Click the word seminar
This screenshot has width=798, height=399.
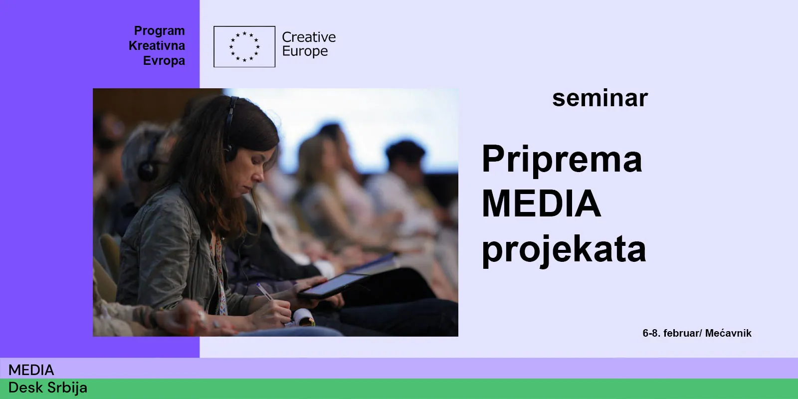600,98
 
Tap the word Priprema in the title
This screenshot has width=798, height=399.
562,160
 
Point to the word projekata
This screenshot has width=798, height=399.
564,250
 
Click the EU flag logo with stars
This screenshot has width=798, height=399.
244,47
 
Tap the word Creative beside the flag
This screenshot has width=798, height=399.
309,37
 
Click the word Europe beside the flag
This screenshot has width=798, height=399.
305,51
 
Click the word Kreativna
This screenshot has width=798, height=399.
157,46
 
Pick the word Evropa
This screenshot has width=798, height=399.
164,61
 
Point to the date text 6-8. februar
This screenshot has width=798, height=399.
672,334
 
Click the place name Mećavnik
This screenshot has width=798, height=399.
728,333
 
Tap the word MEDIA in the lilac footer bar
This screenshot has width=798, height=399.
31,370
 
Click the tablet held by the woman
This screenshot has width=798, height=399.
334,285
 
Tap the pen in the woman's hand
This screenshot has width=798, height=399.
266,292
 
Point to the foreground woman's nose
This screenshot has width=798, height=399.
259,174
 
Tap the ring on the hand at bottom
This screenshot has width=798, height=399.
201,315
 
